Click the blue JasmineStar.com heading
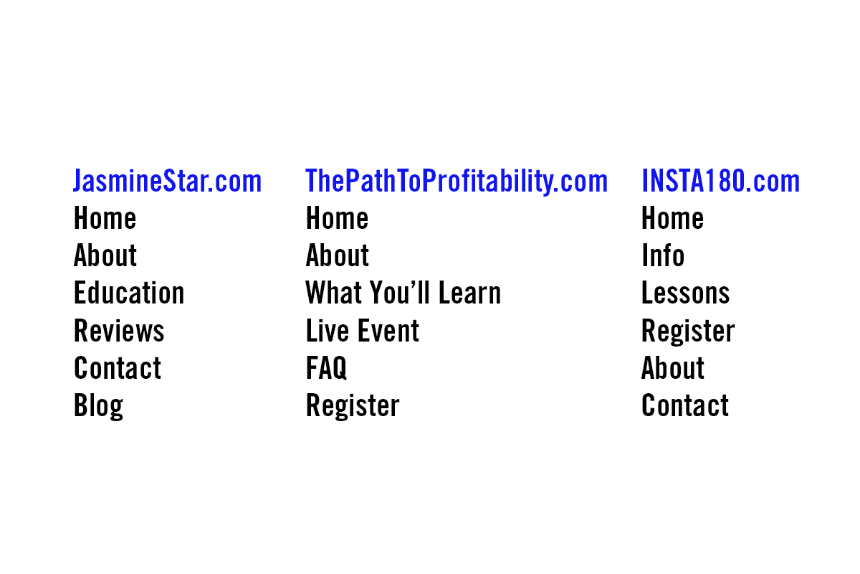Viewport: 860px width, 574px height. coord(167,182)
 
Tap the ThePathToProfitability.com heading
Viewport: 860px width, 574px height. coord(456,182)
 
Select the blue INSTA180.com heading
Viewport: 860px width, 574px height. coord(720,182)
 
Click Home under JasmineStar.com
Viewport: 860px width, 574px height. coord(105,219)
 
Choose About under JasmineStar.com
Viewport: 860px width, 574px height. coord(105,256)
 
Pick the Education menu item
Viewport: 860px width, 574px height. coord(129,293)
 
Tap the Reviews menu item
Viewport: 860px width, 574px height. coord(119,331)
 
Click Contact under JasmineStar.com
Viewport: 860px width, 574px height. coord(118,368)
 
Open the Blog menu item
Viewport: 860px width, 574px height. coord(98,406)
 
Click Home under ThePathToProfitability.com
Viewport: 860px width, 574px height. coord(337,219)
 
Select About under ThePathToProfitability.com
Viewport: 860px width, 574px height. coord(338,256)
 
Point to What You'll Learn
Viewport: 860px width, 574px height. coord(403,293)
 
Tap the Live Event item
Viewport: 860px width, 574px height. coord(362,331)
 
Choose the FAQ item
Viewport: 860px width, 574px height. coord(326,369)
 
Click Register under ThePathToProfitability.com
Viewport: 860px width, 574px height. coord(353,406)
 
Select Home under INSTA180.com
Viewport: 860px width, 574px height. coord(672,219)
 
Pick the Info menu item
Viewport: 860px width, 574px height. coord(663,256)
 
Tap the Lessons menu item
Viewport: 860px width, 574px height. coord(685,293)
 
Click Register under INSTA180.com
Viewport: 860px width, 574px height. coord(688,331)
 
